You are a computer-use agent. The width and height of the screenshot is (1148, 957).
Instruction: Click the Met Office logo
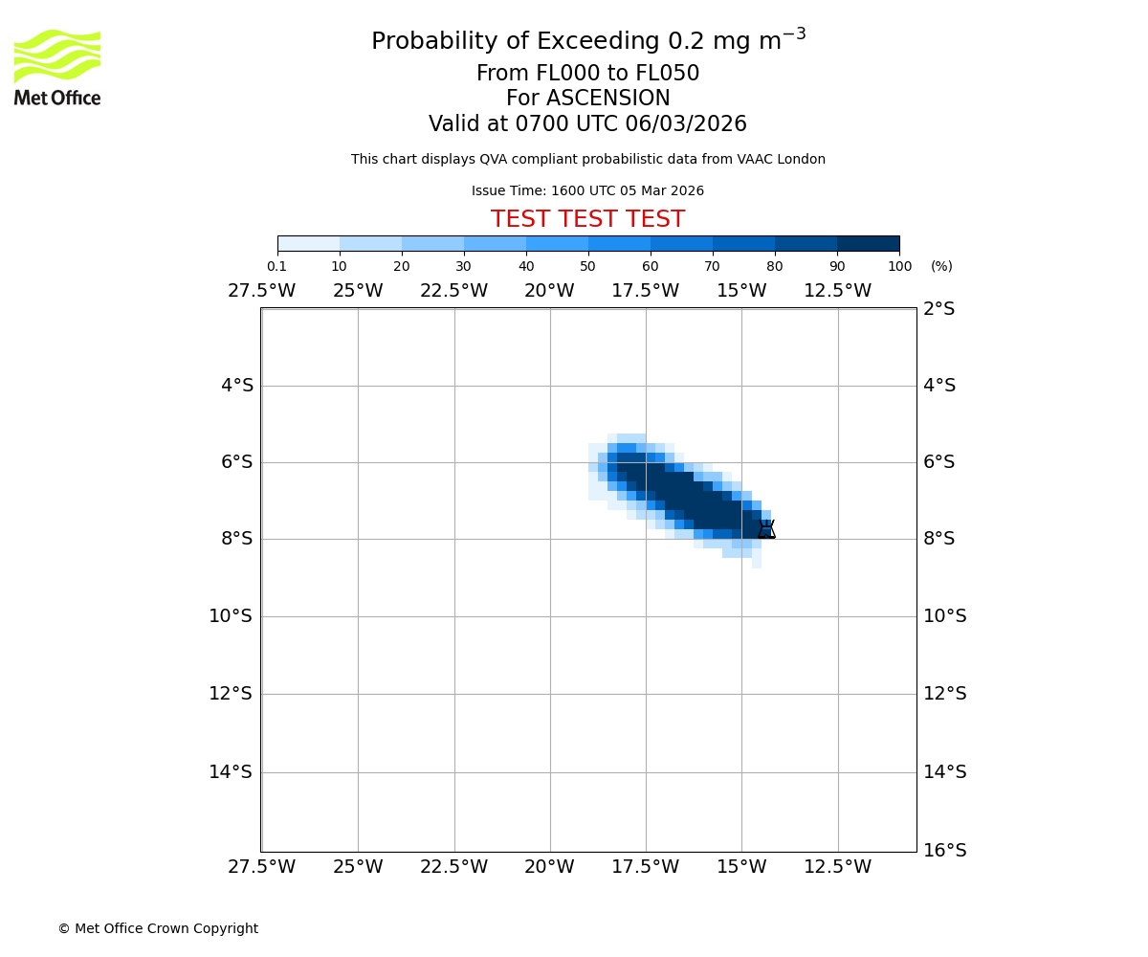pos(57,67)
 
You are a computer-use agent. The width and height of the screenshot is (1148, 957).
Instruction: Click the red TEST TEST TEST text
pos(587,220)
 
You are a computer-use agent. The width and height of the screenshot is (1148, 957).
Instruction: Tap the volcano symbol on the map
pos(766,529)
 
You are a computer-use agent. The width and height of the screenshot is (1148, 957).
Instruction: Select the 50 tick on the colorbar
pos(588,266)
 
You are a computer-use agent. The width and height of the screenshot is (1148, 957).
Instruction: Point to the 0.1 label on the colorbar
pos(276,266)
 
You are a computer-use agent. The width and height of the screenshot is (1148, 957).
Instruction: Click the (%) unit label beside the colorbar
pos(941,266)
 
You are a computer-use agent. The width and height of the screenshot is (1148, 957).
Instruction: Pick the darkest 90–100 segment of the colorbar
pos(868,243)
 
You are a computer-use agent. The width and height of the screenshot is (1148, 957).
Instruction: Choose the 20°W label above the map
pos(549,291)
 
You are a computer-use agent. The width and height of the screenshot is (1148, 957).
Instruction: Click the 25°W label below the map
pos(358,867)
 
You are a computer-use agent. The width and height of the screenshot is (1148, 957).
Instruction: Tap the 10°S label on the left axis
pos(231,616)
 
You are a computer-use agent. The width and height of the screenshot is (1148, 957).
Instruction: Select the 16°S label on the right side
pos(945,850)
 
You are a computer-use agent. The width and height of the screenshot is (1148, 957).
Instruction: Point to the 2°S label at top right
pos(939,309)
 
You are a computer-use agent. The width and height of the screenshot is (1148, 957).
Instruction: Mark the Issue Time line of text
pos(587,191)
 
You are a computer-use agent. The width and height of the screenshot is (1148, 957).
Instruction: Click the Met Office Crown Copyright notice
pos(158,929)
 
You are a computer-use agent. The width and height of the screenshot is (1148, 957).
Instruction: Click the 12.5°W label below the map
pos(837,867)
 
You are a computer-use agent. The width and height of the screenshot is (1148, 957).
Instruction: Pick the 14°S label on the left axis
pos(231,772)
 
